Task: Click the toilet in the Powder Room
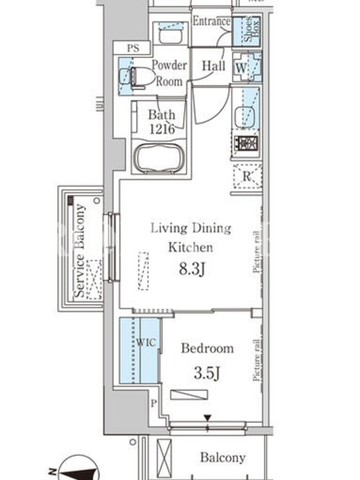coord(138,78)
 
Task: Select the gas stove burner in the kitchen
coord(246,143)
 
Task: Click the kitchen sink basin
coord(245,116)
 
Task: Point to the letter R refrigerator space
coord(247,176)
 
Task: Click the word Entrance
coord(212,21)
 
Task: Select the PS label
coord(133,49)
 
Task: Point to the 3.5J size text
coord(207,373)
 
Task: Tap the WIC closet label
coord(146,343)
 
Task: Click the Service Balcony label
coord(80,251)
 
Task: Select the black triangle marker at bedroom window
coord(208,418)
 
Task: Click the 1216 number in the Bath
coord(162,129)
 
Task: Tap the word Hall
coord(214,66)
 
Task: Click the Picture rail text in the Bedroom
coord(257,360)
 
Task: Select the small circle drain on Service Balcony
coord(97,201)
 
